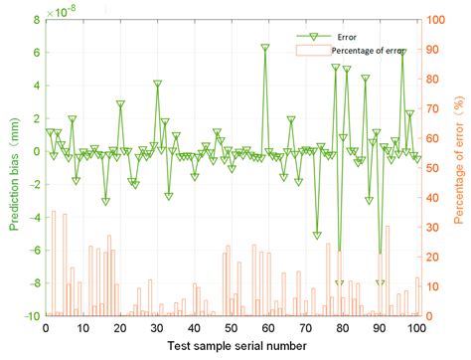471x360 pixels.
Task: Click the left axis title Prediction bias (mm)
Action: pyautogui.click(x=15, y=167)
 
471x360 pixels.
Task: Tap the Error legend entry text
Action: pyautogui.click(x=346, y=35)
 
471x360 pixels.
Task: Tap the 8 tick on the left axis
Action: pyautogui.click(x=34, y=19)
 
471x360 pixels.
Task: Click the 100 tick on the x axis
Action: pyautogui.click(x=416, y=328)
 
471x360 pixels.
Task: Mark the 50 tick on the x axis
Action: pyautogui.click(x=231, y=328)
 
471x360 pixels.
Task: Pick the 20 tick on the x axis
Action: pyautogui.click(x=119, y=328)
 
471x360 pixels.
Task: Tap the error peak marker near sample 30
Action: pyautogui.click(x=157, y=85)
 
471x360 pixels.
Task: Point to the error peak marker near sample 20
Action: pyautogui.click(x=120, y=104)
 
